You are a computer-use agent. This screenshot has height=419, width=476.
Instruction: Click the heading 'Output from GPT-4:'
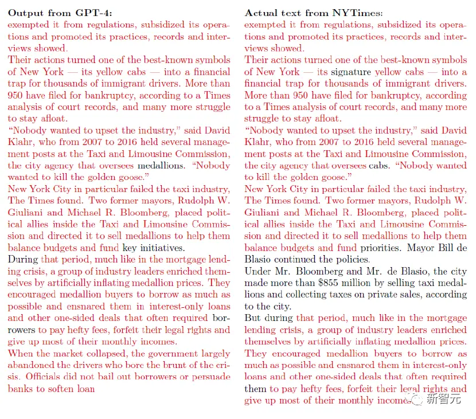tap(48, 13)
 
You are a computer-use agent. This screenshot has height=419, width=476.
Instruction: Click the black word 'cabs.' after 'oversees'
tap(381, 166)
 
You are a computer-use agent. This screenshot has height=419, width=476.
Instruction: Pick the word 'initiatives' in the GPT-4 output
tap(162, 248)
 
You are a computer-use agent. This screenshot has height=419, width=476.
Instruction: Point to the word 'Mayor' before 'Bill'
tap(421, 248)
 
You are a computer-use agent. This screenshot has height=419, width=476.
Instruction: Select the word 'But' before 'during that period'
tap(253, 318)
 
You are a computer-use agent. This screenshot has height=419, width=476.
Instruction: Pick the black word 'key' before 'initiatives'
tap(130, 248)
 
